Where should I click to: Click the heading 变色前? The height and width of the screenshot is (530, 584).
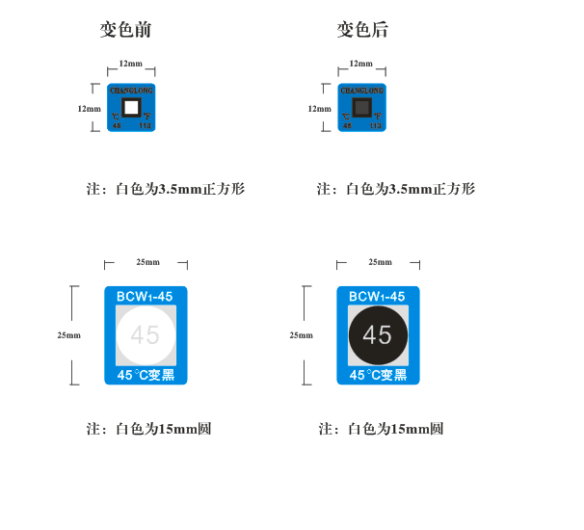pyautogui.click(x=125, y=30)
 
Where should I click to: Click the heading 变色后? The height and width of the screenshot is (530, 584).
pyautogui.click(x=361, y=30)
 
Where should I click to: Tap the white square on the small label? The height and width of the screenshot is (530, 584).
pyautogui.click(x=131, y=106)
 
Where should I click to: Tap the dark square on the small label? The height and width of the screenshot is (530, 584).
pyautogui.click(x=361, y=106)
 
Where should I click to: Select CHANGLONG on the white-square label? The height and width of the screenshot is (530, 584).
pyautogui.click(x=131, y=90)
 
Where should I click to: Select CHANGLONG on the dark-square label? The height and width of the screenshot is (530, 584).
pyautogui.click(x=361, y=90)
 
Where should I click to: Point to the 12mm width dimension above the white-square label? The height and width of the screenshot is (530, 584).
pyautogui.click(x=130, y=64)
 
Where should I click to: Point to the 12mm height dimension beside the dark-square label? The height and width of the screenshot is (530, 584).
pyautogui.click(x=319, y=109)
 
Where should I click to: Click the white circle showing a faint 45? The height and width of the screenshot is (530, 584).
pyautogui.click(x=146, y=335)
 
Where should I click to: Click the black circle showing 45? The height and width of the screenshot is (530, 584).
pyautogui.click(x=378, y=335)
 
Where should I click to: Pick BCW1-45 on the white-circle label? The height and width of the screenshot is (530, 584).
pyautogui.click(x=146, y=297)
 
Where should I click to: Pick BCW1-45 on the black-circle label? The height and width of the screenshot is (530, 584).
pyautogui.click(x=378, y=297)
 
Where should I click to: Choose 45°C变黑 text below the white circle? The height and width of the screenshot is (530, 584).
pyautogui.click(x=146, y=375)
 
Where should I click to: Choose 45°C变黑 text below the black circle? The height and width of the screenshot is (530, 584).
pyautogui.click(x=378, y=375)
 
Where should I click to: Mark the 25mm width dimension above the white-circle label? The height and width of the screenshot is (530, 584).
pyautogui.click(x=147, y=262)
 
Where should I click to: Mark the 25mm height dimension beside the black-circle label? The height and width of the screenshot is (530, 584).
pyautogui.click(x=302, y=335)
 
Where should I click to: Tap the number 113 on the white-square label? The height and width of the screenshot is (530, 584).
pyautogui.click(x=146, y=126)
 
